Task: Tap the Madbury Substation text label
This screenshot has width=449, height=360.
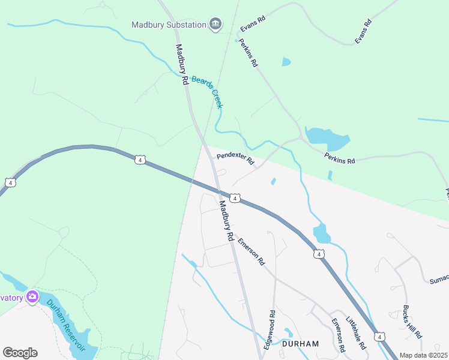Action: click(169, 25)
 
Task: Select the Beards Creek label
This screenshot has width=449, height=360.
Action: click(208, 91)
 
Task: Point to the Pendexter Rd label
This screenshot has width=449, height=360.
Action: click(236, 160)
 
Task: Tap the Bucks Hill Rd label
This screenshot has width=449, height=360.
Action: click(412, 324)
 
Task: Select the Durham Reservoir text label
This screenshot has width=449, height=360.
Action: click(67, 325)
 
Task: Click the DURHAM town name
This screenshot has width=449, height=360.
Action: click(300, 344)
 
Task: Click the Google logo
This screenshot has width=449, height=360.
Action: click(20, 353)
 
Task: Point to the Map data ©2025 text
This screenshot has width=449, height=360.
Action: click(423, 355)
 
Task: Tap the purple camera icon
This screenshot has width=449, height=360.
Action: click(32, 297)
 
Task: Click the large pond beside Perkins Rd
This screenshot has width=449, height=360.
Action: click(327, 139)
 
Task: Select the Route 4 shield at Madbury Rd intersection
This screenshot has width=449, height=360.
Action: click(235, 197)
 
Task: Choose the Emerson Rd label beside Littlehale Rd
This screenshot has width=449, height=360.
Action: click(338, 334)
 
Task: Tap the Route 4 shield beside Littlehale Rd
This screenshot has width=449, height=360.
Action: click(379, 337)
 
